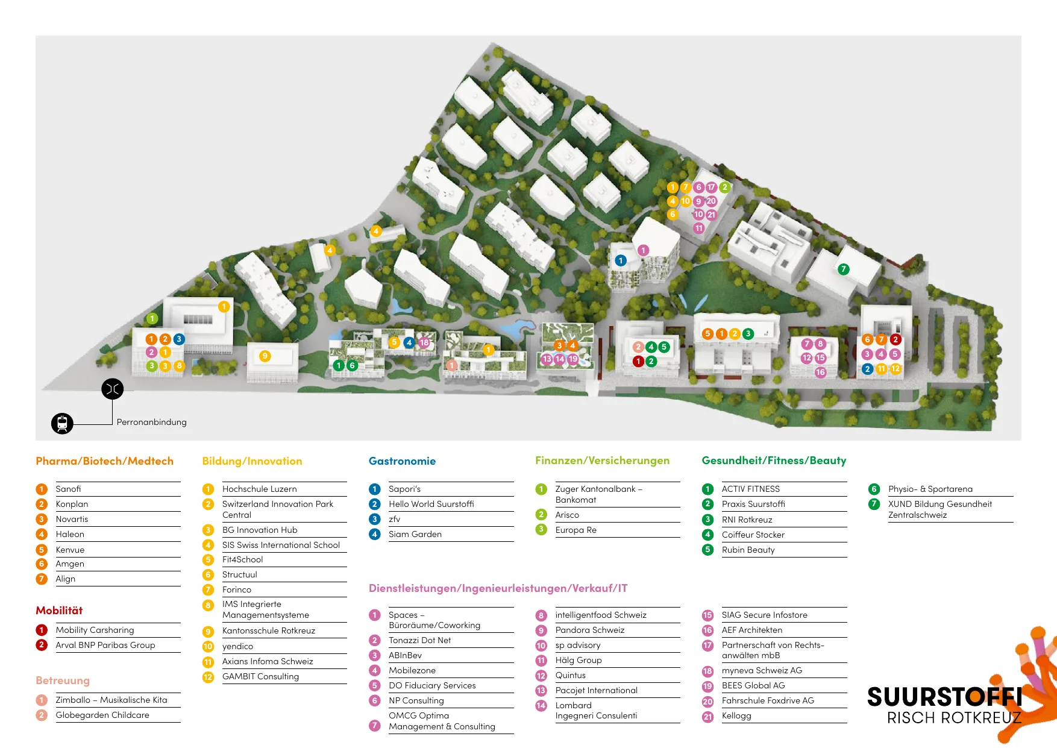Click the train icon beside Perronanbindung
coord(62,423)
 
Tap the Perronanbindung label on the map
coord(151,422)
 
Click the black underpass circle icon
coord(113,389)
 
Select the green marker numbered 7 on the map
coord(844,269)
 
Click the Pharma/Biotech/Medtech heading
coord(104,461)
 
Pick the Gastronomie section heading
coord(402,461)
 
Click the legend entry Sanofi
coord(68,489)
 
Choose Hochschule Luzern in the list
coord(259,489)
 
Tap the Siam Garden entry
coord(415,534)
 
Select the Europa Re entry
coord(576,530)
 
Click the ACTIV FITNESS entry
coord(750,489)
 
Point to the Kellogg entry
coord(736,715)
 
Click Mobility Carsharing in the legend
coord(95,630)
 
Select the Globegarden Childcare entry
coord(102,715)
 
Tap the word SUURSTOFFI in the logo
coord(944,697)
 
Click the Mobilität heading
coord(59,611)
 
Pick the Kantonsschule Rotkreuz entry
coord(269,630)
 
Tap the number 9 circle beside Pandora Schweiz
coord(541,630)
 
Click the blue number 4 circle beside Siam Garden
coord(375,534)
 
